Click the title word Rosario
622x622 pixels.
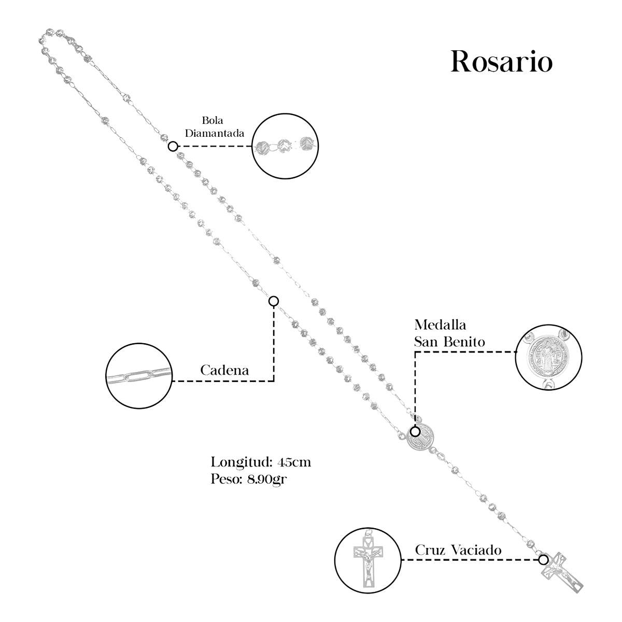pos(501,62)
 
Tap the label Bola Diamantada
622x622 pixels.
pos(215,127)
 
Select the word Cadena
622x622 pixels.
pos(224,371)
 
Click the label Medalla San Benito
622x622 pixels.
pos(449,333)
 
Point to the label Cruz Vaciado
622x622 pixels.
pos(458,550)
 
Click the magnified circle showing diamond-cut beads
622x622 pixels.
pos(285,146)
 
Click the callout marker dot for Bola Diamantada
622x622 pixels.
pos(173,146)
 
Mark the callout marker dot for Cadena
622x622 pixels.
pos(274,301)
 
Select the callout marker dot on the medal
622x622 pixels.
pos(415,431)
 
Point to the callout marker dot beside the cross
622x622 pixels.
pos(543,560)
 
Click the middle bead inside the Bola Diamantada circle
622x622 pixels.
pos(284,146)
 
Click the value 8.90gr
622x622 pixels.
pos(268,479)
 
